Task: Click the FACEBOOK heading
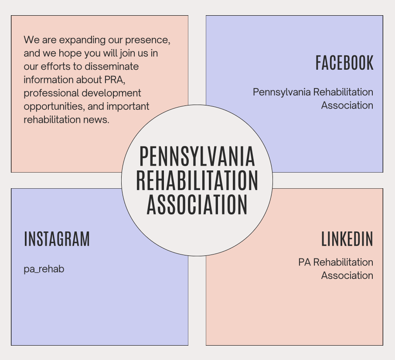click(344, 63)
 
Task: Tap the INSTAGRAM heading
click(57, 239)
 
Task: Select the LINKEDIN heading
click(347, 239)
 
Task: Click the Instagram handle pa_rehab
click(44, 269)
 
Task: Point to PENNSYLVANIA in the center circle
click(197, 156)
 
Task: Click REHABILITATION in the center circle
click(197, 180)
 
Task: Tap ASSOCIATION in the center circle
click(197, 204)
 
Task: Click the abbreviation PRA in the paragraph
click(115, 80)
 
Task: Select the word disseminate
click(112, 66)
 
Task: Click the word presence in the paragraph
click(148, 40)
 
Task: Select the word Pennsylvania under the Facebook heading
click(282, 92)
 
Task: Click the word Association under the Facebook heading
click(347, 105)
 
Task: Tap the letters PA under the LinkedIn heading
click(305, 262)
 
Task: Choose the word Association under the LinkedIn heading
click(347, 275)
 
